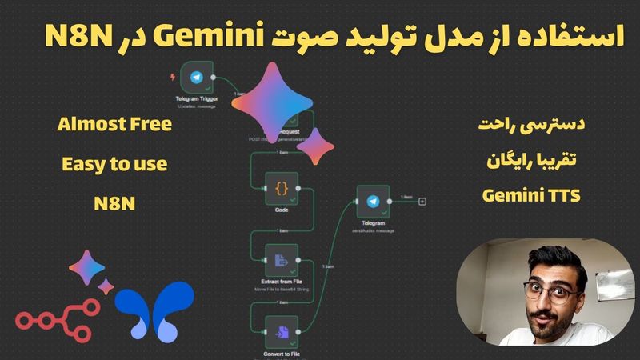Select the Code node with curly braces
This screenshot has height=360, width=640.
pos(281,189)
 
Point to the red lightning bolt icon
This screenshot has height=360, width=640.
pos(175,78)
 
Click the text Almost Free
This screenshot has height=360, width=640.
pos(114,126)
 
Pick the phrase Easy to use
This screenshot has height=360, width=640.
pos(114,165)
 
